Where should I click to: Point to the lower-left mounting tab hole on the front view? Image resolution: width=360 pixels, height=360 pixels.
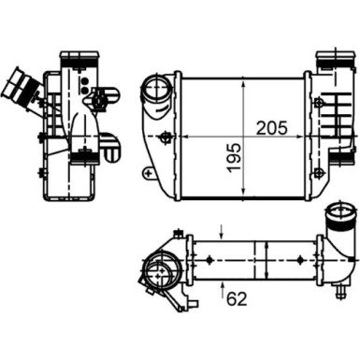pyautogui.click(x=147, y=174)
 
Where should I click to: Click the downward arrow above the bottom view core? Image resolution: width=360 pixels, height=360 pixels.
pyautogui.click(x=221, y=230)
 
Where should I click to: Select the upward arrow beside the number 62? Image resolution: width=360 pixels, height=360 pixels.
pyautogui.click(x=221, y=284)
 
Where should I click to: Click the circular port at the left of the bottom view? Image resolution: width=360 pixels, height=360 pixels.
pyautogui.click(x=160, y=278)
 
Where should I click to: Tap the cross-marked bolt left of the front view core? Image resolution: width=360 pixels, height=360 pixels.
pyautogui.click(x=166, y=138)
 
